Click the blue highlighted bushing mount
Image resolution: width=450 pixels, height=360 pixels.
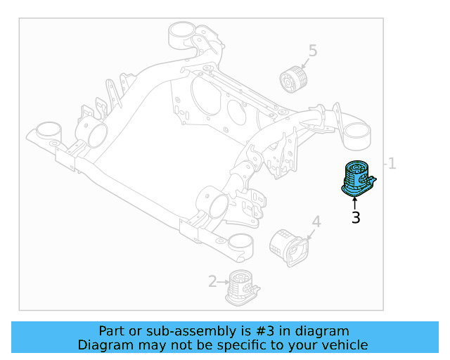(358, 179)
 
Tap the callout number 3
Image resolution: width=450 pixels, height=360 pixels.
(356, 218)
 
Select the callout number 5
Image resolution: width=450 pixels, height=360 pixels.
(313, 51)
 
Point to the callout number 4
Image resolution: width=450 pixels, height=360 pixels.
(316, 222)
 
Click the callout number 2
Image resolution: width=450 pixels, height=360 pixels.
(212, 283)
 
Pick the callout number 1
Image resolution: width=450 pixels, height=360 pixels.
(392, 164)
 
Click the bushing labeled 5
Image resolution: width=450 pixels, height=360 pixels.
(295, 80)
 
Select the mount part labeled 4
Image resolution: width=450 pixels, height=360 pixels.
(288, 247)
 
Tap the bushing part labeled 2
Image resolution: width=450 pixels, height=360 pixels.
(243, 287)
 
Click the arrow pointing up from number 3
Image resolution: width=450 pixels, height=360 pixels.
(355, 203)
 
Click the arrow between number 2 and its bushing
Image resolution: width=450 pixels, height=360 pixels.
(224, 283)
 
